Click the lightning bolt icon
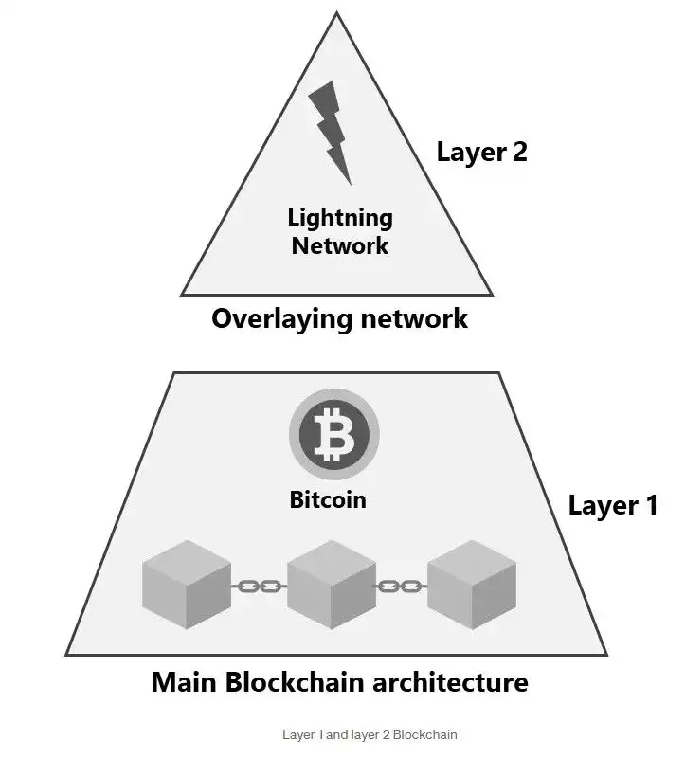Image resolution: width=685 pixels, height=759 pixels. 334,129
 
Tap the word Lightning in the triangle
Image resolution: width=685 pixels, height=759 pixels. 340,218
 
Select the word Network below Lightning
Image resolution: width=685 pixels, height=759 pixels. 340,245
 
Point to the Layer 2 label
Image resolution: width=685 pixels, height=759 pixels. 481,152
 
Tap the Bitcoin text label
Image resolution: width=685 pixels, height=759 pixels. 328,499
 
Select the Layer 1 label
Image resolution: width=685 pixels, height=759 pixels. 612,505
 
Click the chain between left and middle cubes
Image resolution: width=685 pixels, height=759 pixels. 260,587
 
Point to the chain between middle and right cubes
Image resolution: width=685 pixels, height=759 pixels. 402,587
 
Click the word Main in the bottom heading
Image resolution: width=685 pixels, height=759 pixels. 186,682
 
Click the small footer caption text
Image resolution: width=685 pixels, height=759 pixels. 370,734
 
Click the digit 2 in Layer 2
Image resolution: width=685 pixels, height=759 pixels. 517,152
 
